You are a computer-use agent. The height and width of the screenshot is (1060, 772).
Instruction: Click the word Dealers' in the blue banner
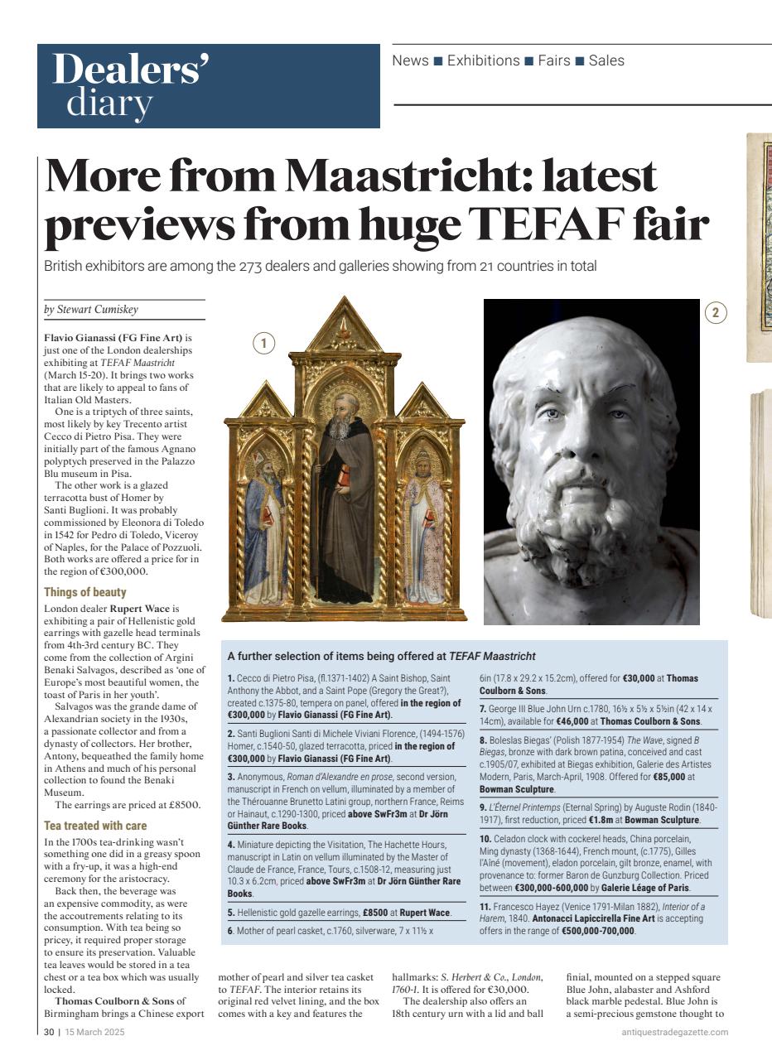coord(131,70)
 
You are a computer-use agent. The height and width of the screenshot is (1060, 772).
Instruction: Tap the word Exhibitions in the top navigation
coord(483,60)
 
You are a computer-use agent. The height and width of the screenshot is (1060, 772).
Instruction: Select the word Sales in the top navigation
coord(606,60)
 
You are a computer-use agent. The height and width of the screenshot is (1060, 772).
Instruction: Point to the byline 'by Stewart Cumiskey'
coord(91,310)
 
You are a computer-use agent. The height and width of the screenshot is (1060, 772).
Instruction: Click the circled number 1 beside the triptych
coord(263,344)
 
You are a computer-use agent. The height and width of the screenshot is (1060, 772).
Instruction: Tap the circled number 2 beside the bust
coord(716,312)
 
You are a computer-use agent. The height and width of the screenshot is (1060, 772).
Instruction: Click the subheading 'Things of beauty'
coord(85,592)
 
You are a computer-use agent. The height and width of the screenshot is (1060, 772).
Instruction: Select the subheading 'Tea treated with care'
coord(95,826)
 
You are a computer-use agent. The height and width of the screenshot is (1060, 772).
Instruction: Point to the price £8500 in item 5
coord(376,912)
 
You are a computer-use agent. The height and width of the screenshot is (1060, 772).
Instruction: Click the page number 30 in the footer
coord(48,1032)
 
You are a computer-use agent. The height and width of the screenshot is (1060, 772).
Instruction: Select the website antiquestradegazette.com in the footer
coord(675,1032)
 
